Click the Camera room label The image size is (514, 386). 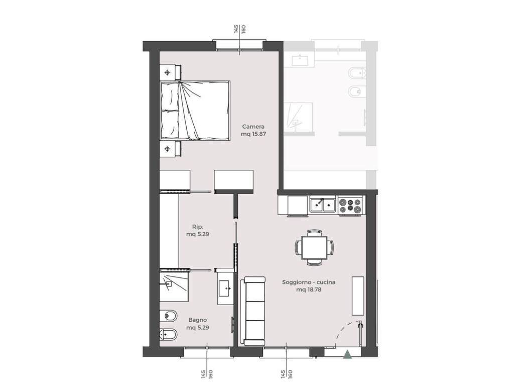(253, 126)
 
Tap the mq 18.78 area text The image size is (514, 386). (309, 289)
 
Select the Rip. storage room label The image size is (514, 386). (198, 227)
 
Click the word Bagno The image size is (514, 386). (198, 320)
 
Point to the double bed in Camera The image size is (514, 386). (195, 111)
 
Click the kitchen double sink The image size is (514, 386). (323, 205)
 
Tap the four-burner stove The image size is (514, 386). (350, 206)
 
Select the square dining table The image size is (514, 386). (314, 247)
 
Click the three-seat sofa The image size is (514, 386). (252, 311)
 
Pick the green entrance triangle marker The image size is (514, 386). (347, 354)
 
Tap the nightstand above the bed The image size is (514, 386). (171, 72)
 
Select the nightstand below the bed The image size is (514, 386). (171, 149)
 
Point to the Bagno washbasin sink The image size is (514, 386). (225, 288)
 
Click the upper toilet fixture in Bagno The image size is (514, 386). (169, 316)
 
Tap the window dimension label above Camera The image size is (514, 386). (239, 29)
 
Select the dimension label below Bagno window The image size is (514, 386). (207, 374)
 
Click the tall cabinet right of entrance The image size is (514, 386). (358, 296)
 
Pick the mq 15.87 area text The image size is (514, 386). (253, 134)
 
